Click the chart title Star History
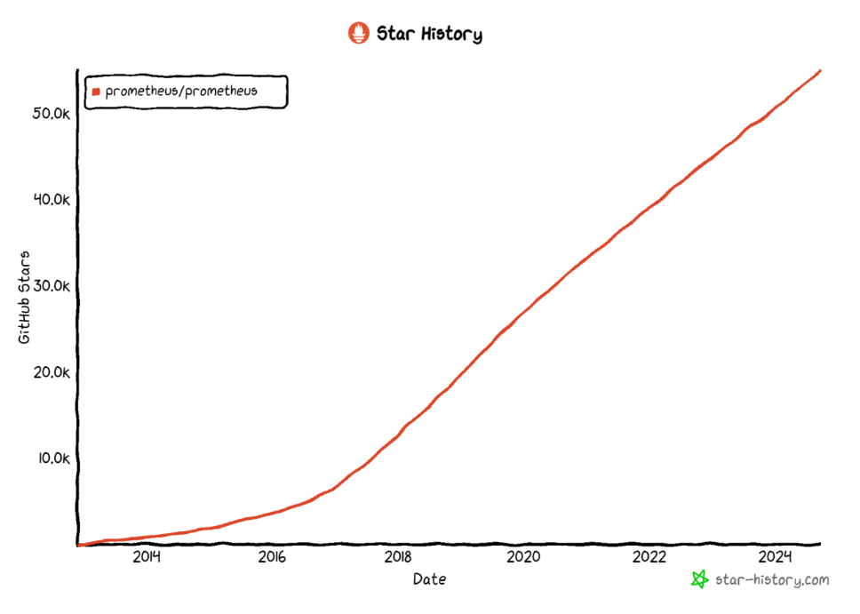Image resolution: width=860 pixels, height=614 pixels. pos(429,35)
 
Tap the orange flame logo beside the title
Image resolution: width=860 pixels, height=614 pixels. pos(358,34)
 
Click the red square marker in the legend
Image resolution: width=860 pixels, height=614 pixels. pos(96,92)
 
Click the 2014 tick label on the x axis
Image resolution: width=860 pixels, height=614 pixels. pos(146,557)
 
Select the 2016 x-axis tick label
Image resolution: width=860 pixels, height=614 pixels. pos(272,557)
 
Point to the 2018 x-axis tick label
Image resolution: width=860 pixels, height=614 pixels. pos(398,557)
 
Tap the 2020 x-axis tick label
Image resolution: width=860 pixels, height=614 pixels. pos(523,557)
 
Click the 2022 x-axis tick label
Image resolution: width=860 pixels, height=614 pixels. pos(649,557)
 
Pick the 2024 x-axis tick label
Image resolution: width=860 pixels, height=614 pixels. pos(776,557)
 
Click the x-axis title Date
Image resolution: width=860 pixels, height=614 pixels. pos(429,580)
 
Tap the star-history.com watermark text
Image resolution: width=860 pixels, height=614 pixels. pos(771,580)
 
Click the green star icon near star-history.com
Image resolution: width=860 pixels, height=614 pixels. pos(700,579)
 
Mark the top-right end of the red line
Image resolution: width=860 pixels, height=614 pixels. pos(819,70)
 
